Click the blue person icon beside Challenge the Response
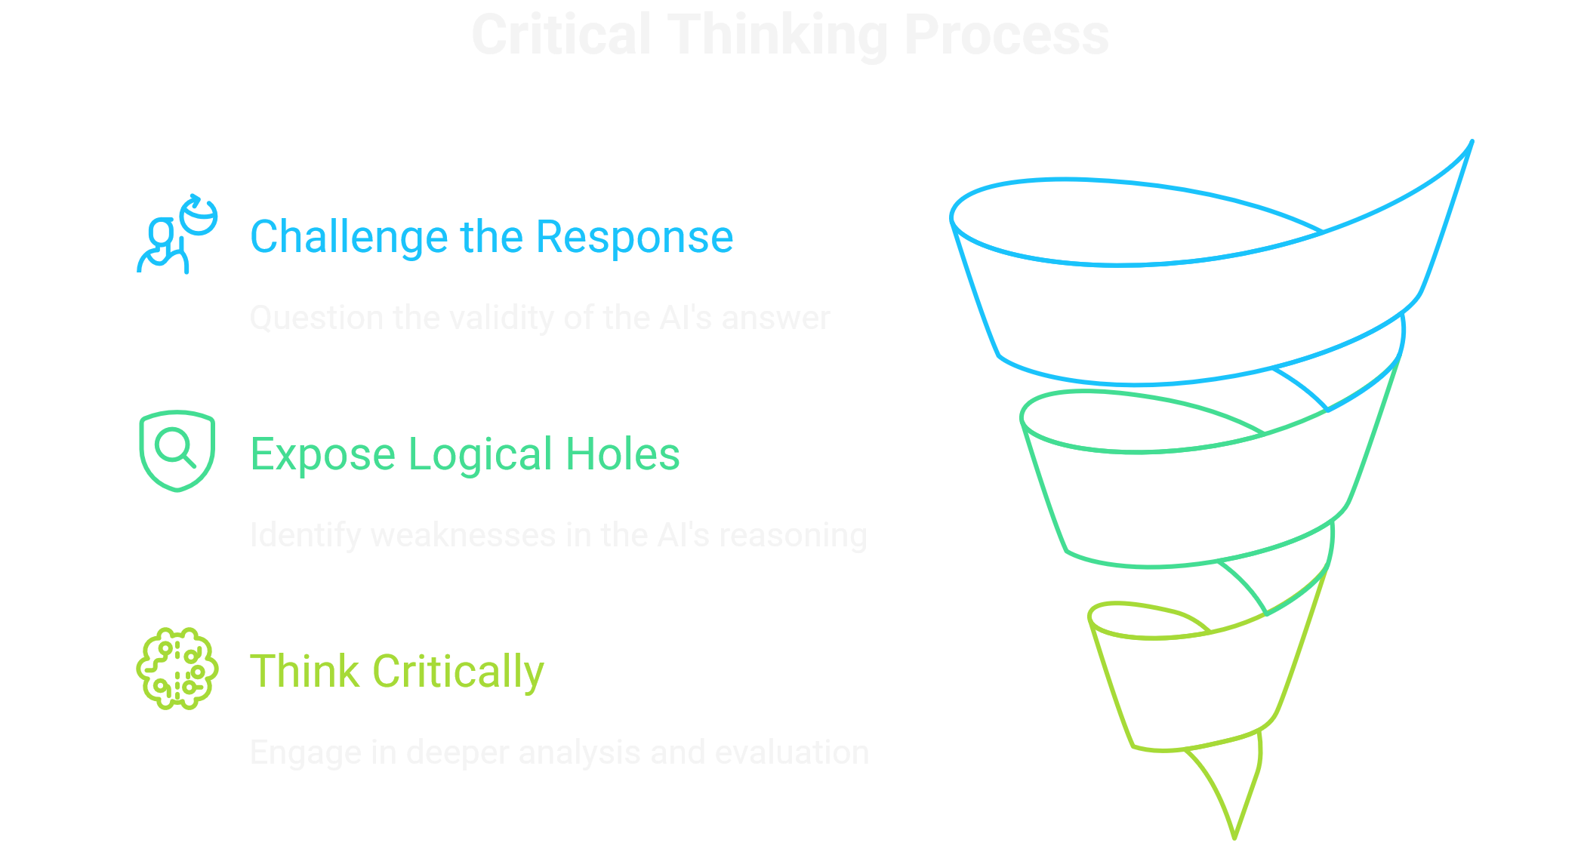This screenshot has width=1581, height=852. point(177,235)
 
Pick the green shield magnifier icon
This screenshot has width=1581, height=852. point(177,451)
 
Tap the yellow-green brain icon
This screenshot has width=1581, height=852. point(177,669)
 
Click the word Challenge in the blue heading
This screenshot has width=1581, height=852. point(350,238)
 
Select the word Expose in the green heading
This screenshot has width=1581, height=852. point(323,456)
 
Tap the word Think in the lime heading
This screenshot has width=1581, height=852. point(305,671)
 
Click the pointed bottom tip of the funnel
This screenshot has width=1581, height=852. point(1234,835)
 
